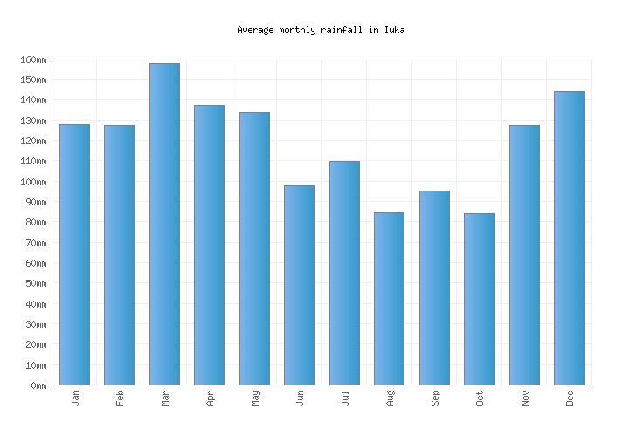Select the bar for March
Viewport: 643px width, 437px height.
164,225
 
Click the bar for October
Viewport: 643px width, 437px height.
480,300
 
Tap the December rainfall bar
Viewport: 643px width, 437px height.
570,238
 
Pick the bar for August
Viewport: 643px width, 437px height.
389,299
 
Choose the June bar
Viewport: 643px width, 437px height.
299,285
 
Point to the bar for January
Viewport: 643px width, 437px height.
74,254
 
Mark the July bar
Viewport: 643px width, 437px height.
344,273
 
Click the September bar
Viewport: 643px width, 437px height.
434,288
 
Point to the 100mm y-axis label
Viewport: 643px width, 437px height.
32,182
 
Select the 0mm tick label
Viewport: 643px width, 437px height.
38,385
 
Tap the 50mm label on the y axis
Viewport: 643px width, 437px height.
35,283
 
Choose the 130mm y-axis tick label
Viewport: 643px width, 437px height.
32,121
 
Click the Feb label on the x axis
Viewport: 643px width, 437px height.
120,398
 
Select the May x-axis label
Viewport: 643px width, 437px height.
254,398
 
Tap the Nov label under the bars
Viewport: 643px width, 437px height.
524,398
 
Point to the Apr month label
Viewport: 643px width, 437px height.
210,398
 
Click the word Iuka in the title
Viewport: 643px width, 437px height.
394,30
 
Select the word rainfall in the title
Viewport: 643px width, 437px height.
342,30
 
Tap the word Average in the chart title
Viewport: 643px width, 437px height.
255,30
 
